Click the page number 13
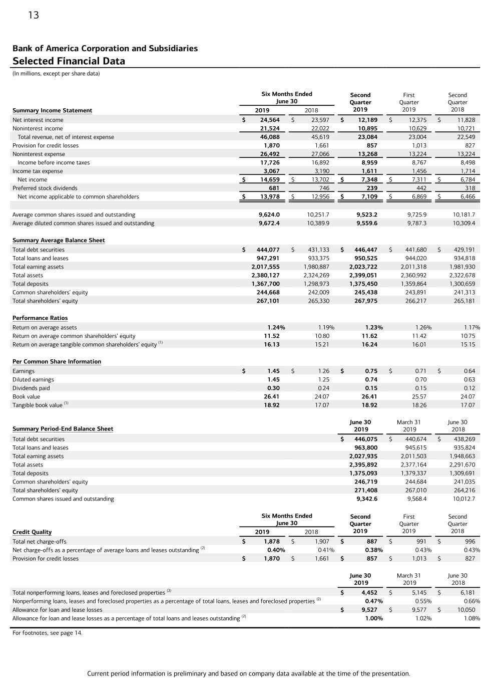click(x=34, y=15)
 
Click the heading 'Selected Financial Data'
click(x=69, y=61)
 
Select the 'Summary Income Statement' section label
click(x=52, y=110)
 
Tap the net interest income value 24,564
click(x=270, y=120)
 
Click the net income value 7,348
click(x=368, y=180)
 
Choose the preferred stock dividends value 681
click(x=274, y=188)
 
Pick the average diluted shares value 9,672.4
click(x=269, y=223)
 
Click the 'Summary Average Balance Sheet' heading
click(x=59, y=241)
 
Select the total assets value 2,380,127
click(x=265, y=276)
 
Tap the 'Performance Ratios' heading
click(x=40, y=318)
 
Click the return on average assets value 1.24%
click(x=276, y=328)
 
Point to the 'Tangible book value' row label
click(x=38, y=405)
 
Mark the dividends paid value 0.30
click(x=273, y=388)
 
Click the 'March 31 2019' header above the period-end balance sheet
click(x=409, y=426)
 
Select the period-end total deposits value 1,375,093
click(x=363, y=474)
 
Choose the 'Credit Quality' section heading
click(x=32, y=532)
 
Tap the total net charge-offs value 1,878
click(x=272, y=542)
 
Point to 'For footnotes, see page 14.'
click(x=48, y=633)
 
